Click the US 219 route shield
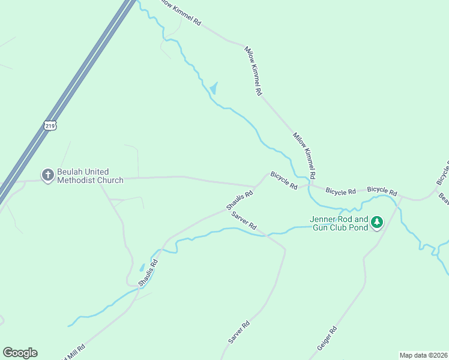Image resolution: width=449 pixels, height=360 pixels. [50, 125]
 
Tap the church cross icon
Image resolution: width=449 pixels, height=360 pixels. [47, 175]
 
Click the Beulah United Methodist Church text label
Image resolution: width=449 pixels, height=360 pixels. [90, 176]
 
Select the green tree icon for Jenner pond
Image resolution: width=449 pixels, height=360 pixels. [377, 223]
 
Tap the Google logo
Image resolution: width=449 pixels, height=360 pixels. [20, 352]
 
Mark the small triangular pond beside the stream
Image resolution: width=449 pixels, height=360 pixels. [213, 89]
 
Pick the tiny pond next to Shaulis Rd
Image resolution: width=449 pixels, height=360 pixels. [142, 268]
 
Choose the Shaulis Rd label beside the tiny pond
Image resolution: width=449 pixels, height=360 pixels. [148, 272]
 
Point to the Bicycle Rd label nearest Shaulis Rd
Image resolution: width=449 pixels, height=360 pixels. [284, 181]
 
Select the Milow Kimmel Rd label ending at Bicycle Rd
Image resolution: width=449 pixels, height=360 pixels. [304, 155]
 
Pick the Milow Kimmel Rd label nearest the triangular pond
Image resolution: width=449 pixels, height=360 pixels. [253, 71]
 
